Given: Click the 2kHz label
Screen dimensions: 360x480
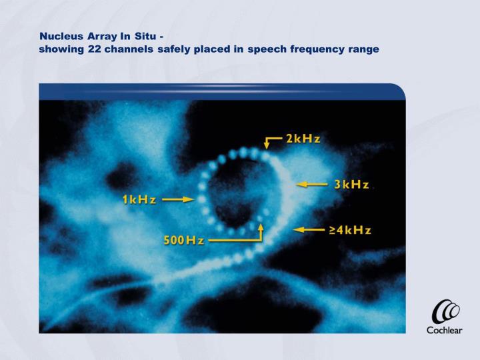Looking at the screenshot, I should tap(303, 139).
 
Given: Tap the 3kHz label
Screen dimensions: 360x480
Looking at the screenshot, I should tap(351, 184).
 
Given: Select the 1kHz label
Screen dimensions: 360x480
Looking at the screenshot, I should tap(138, 199).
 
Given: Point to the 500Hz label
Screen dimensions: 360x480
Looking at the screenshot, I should tap(184, 240).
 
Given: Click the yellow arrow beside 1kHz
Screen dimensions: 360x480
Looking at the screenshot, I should tap(177, 199).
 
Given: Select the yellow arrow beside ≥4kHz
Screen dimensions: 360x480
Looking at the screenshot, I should tap(308, 230).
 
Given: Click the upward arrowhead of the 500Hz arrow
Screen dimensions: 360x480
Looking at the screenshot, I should tap(261, 227).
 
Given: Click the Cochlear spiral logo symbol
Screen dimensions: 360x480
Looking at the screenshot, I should tap(445, 312).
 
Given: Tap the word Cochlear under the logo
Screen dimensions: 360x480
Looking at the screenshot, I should tap(445, 330).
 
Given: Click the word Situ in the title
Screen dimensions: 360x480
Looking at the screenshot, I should tap(147, 35).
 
